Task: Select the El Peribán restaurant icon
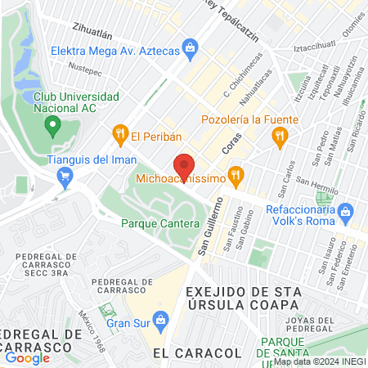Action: point(120,134)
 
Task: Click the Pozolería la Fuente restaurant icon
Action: point(280,136)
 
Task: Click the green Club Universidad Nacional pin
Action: point(54,126)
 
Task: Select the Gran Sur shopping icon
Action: point(162,317)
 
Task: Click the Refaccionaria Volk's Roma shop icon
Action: point(346,211)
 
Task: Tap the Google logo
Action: point(27,357)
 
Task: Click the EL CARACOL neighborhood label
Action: point(197,352)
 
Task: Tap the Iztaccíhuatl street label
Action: point(314,48)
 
